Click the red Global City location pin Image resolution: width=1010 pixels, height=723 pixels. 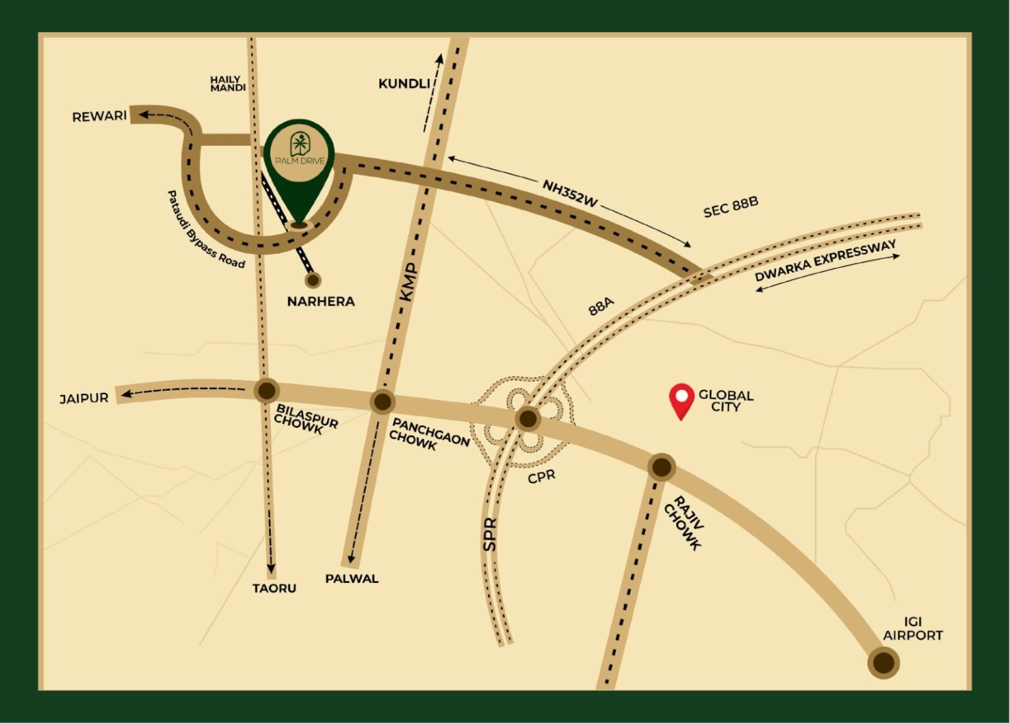pyautogui.click(x=681, y=400)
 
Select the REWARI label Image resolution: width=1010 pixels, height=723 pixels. pyautogui.click(x=99, y=116)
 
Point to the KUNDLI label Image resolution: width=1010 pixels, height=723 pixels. pyautogui.click(x=404, y=83)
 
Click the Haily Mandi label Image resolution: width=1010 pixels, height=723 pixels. pyautogui.click(x=228, y=83)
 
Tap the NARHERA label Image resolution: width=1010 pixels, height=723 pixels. pyautogui.click(x=321, y=302)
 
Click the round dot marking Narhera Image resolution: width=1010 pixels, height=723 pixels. pyautogui.click(x=313, y=280)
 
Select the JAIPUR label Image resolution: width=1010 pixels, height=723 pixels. pyautogui.click(x=84, y=398)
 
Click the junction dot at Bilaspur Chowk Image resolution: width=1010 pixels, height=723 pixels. pyautogui.click(x=266, y=390)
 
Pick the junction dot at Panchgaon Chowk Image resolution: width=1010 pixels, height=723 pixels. pyautogui.click(x=382, y=402)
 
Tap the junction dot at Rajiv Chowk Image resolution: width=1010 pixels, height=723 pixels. pyautogui.click(x=661, y=467)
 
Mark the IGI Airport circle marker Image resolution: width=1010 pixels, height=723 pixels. pyautogui.click(x=883, y=663)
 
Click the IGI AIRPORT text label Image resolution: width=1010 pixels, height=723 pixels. pyautogui.click(x=913, y=629)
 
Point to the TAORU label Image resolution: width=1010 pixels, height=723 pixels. pyautogui.click(x=274, y=588)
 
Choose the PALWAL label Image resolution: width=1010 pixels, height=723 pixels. pyautogui.click(x=352, y=579)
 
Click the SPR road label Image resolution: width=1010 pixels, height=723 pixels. pyautogui.click(x=490, y=534)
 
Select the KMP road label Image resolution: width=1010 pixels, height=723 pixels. pyautogui.click(x=409, y=282)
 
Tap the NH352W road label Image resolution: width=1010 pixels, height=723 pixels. pyautogui.click(x=570, y=193)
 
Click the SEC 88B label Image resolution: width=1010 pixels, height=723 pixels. pyautogui.click(x=731, y=206)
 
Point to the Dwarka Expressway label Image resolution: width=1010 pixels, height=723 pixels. pyautogui.click(x=825, y=261)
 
